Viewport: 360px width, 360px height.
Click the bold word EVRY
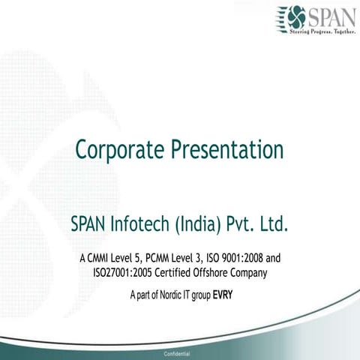[223, 294]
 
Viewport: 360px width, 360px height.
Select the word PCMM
[165, 259]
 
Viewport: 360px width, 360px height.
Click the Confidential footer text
[180, 352]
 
